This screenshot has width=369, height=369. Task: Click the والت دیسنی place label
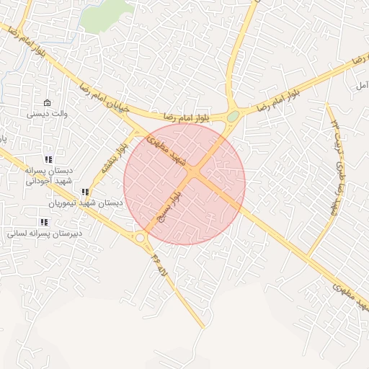point(47,113)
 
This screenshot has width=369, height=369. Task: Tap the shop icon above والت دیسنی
point(48,102)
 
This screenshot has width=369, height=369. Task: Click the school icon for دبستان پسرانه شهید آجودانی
point(48,160)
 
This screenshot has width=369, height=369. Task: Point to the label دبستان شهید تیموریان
point(85,203)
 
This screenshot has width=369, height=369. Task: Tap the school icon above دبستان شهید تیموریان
point(86,192)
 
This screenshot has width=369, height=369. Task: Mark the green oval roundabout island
point(233,117)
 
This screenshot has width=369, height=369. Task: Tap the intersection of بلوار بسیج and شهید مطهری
point(196,174)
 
